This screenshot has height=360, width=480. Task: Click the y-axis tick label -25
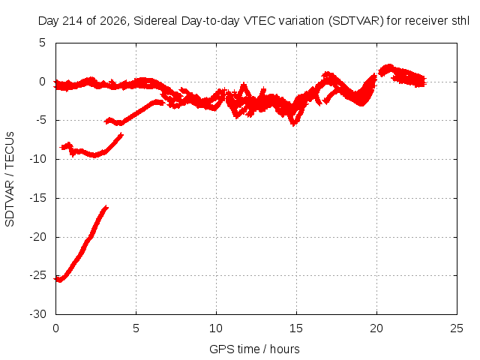(37, 275)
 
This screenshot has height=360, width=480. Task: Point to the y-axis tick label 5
(42, 43)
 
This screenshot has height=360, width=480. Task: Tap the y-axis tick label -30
(37, 314)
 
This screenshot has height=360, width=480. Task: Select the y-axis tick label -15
(37, 198)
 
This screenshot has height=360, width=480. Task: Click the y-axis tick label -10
(37, 159)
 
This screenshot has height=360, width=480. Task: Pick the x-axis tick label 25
(457, 328)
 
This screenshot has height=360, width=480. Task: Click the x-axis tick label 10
(216, 328)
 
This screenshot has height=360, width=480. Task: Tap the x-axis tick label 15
(296, 328)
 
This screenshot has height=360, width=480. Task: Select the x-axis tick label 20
(376, 328)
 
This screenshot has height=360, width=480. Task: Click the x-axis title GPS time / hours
(254, 349)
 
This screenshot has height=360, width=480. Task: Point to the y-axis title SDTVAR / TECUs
(10, 179)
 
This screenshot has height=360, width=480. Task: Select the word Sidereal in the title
(155, 21)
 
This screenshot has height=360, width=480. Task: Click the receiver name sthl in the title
(460, 21)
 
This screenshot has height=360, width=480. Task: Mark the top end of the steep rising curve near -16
(106, 207)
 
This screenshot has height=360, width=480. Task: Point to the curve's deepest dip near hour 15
(294, 124)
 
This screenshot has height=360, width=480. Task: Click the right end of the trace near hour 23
(425, 82)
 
